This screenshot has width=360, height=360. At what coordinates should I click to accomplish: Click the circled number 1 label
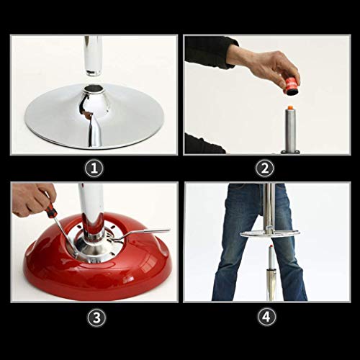pos(94,168)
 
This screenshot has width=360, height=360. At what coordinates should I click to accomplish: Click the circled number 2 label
pos(265,168)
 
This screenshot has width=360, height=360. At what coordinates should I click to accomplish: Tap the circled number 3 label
pos(96,318)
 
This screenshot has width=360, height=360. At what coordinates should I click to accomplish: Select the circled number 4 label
pos(266,317)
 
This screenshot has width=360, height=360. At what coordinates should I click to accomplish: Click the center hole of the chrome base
pos(94,89)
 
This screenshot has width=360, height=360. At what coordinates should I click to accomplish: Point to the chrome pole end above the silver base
pos(93,71)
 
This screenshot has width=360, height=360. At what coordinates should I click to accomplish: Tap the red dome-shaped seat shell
pos(96,269)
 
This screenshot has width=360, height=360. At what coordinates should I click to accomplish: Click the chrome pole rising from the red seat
pos(91,211)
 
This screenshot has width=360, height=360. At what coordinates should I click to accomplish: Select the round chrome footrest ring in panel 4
pos(270,233)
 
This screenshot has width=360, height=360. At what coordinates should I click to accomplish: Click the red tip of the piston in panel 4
pos(271,246)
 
